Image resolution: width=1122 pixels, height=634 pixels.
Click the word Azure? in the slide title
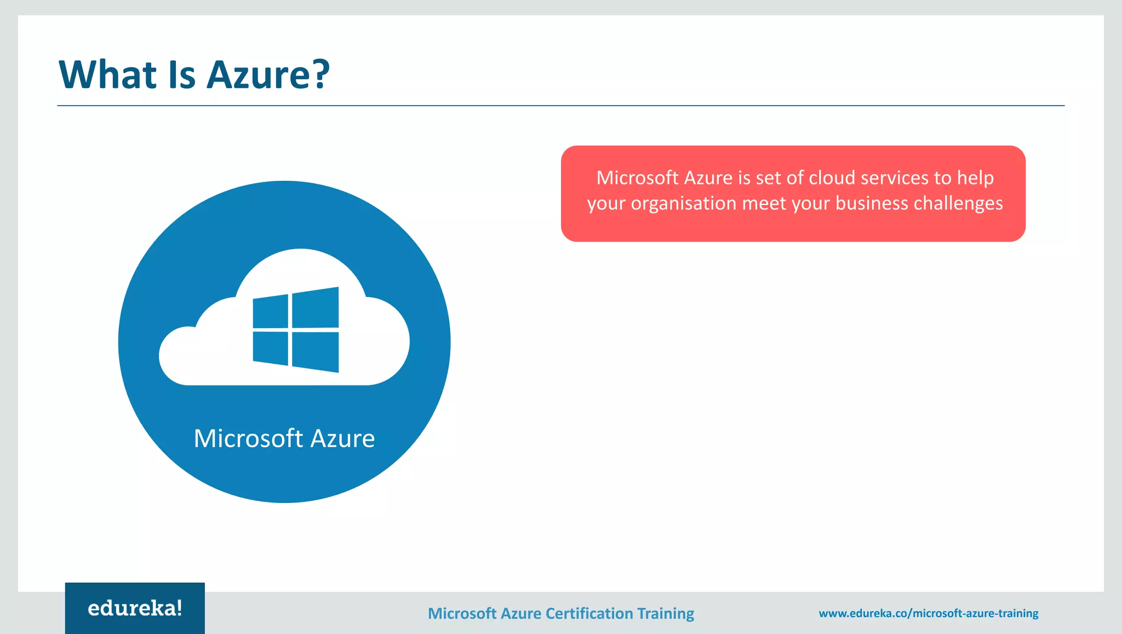(268, 75)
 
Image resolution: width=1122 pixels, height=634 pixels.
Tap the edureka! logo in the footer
(135, 608)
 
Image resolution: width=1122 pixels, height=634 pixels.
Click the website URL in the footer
(929, 613)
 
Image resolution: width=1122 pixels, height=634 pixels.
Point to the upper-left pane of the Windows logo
(271, 312)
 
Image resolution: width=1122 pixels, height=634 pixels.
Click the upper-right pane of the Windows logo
(316, 307)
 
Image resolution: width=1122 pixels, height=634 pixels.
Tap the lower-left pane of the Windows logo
(271, 348)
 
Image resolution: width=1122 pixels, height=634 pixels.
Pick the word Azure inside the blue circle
(342, 438)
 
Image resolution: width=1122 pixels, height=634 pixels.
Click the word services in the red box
(895, 178)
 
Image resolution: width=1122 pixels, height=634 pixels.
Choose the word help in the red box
(975, 178)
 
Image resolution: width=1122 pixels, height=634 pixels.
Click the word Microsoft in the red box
(637, 178)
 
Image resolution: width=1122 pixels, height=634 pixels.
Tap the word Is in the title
(182, 75)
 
